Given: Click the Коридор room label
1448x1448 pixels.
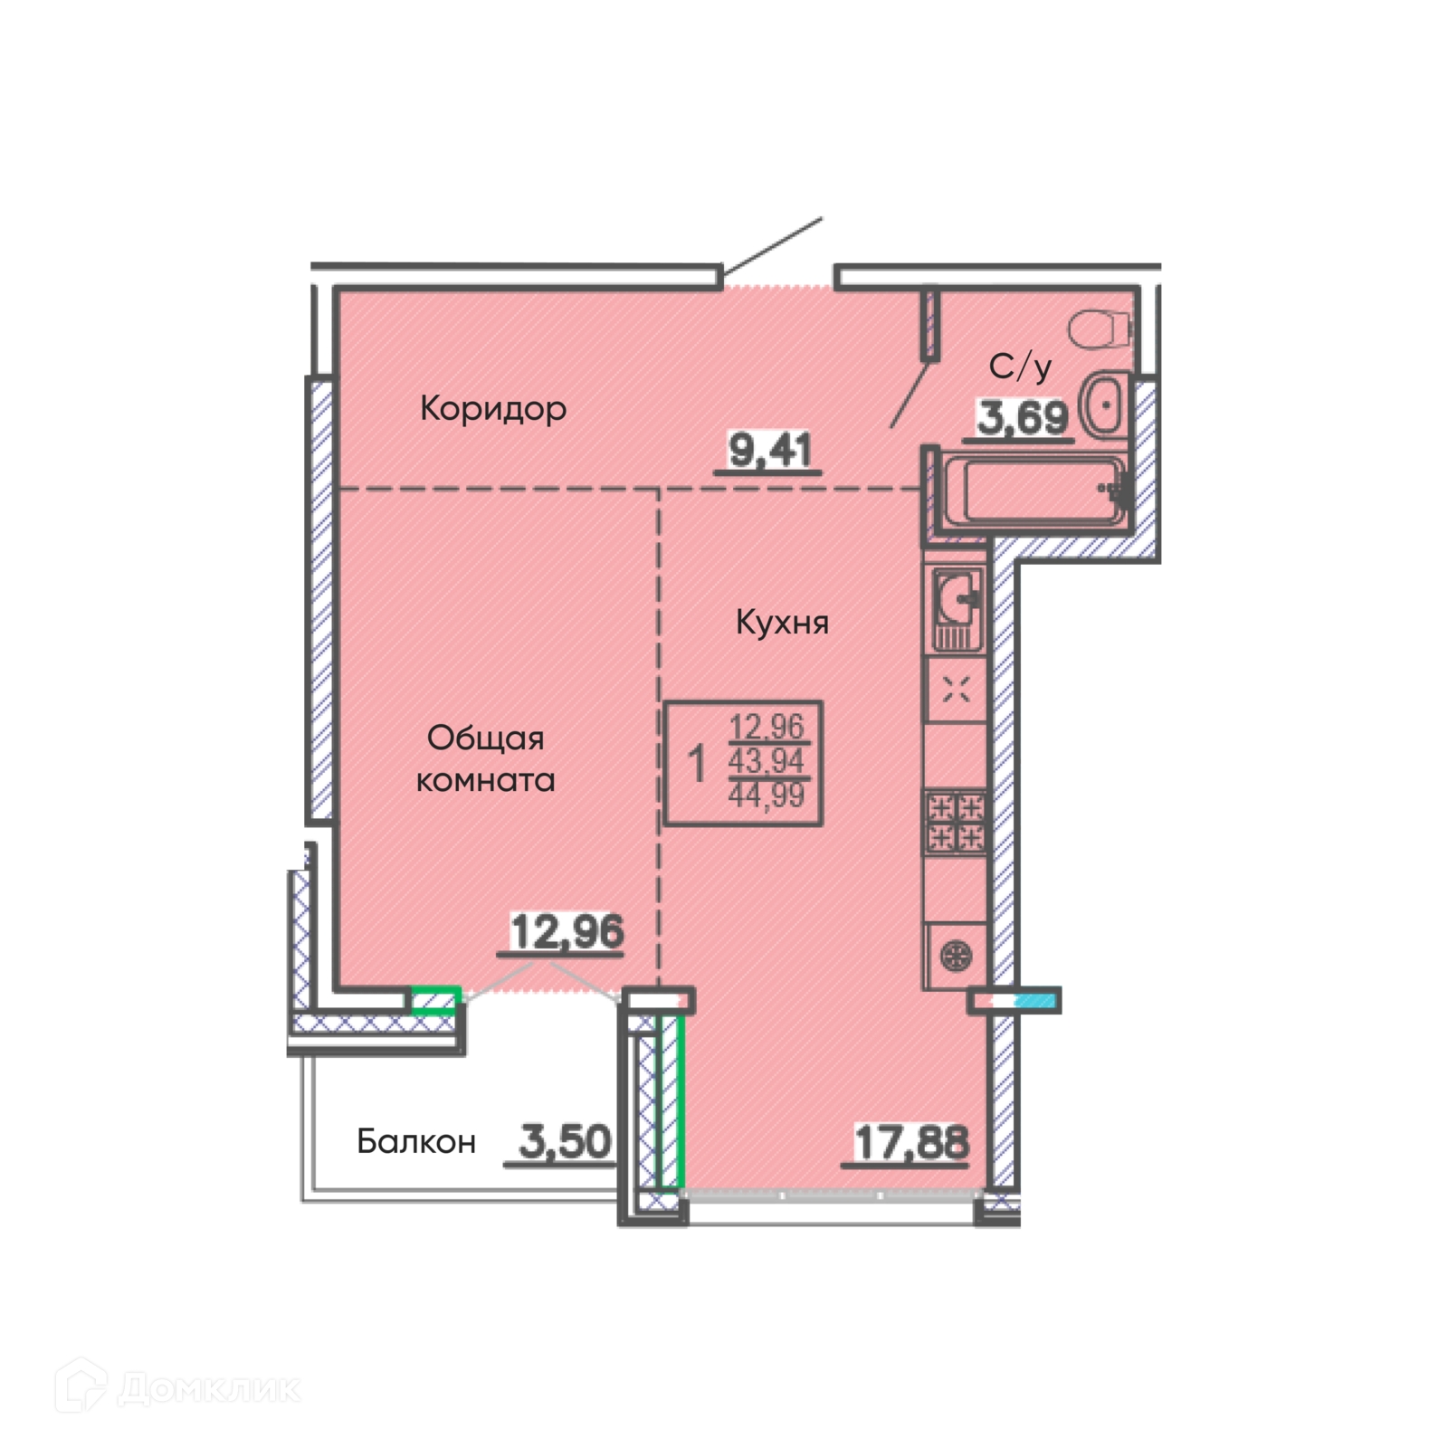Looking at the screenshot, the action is pyautogui.click(x=493, y=409).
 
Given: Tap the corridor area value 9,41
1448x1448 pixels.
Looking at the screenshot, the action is pyautogui.click(x=770, y=450).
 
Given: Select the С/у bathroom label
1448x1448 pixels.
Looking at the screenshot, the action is pyautogui.click(x=1020, y=367).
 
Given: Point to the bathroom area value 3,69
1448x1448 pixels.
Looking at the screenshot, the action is pyautogui.click(x=1023, y=418).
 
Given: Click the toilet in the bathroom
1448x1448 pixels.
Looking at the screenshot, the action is pyautogui.click(x=1100, y=329).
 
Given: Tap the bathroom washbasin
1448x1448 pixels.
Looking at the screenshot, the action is pyautogui.click(x=1103, y=405).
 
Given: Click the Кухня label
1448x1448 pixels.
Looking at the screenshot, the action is pyautogui.click(x=782, y=623).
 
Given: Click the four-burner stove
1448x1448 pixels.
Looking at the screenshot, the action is pyautogui.click(x=956, y=822).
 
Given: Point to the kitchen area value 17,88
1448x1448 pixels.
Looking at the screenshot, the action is pyautogui.click(x=911, y=1142).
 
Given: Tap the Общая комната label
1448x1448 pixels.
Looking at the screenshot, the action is pyautogui.click(x=485, y=759).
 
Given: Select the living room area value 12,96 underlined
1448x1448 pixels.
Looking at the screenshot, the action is pyautogui.click(x=567, y=932).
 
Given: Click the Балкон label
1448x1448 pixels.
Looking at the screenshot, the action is pyautogui.click(x=416, y=1142).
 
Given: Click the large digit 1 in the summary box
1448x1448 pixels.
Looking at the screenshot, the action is pyautogui.click(x=696, y=764).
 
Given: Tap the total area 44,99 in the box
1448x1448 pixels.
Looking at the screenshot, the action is pyautogui.click(x=767, y=795).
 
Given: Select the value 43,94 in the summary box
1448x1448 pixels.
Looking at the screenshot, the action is pyautogui.click(x=767, y=761).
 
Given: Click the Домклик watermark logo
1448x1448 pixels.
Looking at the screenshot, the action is pyautogui.click(x=177, y=1386).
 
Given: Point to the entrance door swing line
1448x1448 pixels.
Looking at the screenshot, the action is pyautogui.click(x=772, y=245).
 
